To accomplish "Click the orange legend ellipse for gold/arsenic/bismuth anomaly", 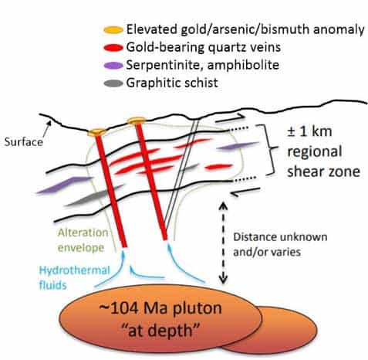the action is pos(113,30).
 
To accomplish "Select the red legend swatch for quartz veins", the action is pos(113,48).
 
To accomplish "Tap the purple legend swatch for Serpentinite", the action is pos(113,66).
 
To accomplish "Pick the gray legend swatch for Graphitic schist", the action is pos(113,83).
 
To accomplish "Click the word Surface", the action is pos(24,142).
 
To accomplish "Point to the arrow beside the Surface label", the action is pos(46,129).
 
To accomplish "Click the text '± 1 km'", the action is pos(309,131).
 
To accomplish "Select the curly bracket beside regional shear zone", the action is pos(267,149).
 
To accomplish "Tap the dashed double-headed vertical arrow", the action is pos(223,243).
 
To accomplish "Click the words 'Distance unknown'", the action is pos(280,237).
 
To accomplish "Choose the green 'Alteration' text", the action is pos(83,233).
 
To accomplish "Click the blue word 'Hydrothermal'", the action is pos(74,270).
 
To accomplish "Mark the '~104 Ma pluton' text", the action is pos(160,307).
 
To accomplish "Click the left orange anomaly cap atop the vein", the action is pos(96,132).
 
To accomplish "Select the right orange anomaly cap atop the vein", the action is pos(137,121).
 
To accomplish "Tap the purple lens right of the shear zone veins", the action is pos(238,146).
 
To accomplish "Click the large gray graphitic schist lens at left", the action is pos(94,195).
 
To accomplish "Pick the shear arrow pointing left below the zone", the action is pos(246,192).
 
